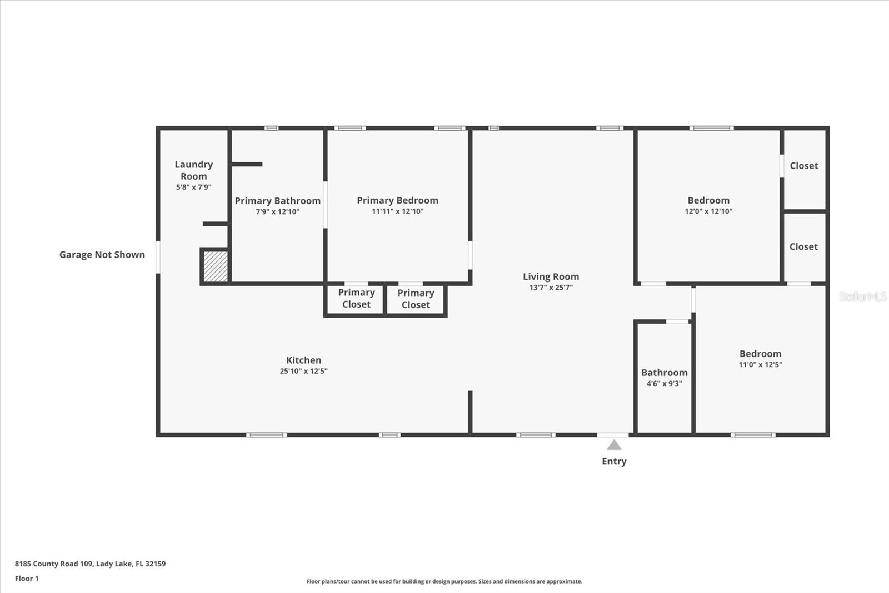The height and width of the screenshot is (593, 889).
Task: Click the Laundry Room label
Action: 193,170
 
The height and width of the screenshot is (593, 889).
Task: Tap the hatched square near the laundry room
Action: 215,266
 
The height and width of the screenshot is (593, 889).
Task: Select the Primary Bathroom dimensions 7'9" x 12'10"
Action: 277,212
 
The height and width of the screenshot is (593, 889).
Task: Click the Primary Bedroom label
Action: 397,200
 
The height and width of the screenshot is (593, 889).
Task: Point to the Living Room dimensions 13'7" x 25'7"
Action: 551,288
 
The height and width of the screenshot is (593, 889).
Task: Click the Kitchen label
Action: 303,360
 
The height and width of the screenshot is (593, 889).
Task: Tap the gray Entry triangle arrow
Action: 614,445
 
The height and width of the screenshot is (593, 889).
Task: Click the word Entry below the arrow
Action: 614,461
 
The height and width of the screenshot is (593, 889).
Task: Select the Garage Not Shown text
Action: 102,255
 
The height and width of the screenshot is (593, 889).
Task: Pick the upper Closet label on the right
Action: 803,166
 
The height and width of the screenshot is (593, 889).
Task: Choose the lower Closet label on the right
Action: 803,246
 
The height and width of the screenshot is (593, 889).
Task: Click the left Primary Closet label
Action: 356,298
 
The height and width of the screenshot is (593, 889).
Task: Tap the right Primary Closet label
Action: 416,299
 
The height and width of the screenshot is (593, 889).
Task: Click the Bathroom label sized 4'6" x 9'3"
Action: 664,373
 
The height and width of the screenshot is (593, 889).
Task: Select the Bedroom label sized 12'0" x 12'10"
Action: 708,200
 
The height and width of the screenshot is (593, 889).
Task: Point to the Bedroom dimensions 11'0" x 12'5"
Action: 760,365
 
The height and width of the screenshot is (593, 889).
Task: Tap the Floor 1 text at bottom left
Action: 27,579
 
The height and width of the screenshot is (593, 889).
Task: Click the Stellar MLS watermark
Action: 862,296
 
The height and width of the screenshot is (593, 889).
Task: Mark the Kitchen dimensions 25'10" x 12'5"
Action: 303,371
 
